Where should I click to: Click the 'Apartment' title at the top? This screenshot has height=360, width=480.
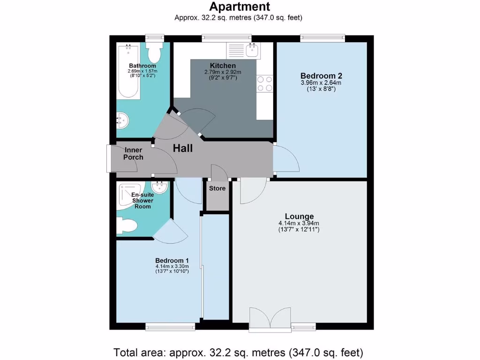tap(239, 7)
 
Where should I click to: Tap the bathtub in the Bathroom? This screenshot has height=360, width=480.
tap(127, 70)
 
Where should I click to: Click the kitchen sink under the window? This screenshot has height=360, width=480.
tap(252, 50)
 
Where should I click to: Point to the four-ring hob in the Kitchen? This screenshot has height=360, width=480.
tap(264, 83)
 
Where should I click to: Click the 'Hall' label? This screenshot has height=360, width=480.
tap(183, 149)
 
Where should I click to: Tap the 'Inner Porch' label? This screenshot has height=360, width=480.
tap(134, 154)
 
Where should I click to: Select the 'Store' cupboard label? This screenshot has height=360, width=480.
tap(217, 188)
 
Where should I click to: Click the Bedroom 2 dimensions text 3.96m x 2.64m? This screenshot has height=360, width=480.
tap(321, 83)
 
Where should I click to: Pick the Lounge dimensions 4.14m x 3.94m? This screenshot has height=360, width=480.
tap(299, 224)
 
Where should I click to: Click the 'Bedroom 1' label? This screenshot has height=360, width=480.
tap(172, 260)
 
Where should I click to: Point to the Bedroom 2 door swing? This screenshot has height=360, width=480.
tap(285, 159)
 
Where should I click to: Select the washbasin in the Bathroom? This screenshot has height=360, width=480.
tap(122, 120)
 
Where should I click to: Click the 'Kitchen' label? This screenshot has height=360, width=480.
tap(223, 65)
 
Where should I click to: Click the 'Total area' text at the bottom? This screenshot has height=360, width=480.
tap(239, 352)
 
